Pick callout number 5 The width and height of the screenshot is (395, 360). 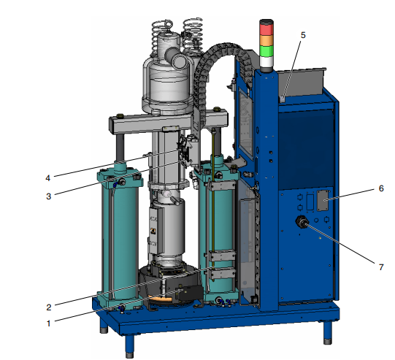click(x=303, y=34)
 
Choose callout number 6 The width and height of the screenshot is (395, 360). click(x=381, y=188)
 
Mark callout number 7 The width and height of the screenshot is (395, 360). click(x=381, y=267)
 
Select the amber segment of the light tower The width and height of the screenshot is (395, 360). click(x=266, y=39)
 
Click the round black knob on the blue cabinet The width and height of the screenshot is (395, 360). click(x=300, y=222)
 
